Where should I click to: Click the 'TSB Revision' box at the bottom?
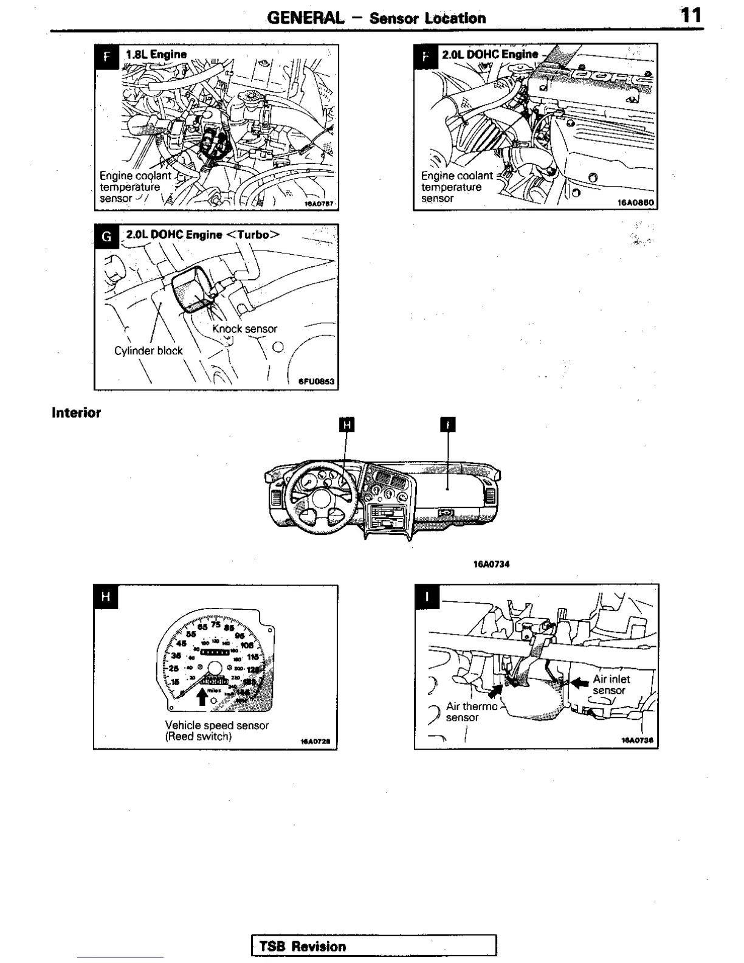374,946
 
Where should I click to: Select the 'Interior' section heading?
77,413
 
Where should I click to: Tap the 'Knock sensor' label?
244,329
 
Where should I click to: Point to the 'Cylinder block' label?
148,351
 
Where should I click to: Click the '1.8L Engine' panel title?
156,54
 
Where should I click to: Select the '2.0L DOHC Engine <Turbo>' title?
203,235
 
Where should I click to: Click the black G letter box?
106,236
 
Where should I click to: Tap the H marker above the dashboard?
346,424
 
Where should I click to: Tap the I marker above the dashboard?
447,424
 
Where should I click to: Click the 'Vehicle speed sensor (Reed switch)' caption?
216,731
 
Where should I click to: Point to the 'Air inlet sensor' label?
611,685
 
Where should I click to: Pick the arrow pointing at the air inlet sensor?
580,683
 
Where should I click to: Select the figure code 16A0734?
491,564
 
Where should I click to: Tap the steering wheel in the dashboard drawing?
321,489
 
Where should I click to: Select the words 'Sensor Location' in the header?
427,18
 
